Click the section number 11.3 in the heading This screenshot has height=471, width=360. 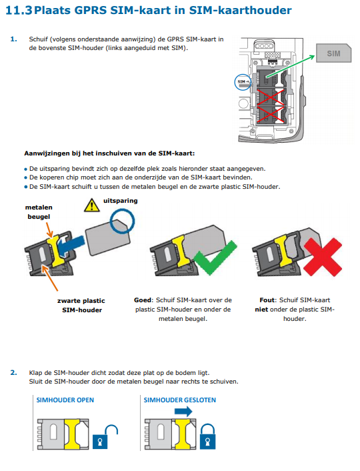pyautogui.click(x=19, y=10)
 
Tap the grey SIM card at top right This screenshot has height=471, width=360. pyautogui.click(x=333, y=53)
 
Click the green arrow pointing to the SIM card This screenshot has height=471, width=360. pyautogui.click(x=291, y=66)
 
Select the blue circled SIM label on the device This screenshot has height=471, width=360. pyautogui.click(x=243, y=82)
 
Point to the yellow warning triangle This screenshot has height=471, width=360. pyautogui.click(x=92, y=205)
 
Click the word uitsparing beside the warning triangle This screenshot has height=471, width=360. pyautogui.click(x=121, y=201)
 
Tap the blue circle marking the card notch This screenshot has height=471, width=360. pyautogui.click(x=123, y=221)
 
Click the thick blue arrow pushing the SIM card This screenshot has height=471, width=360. pyautogui.click(x=71, y=245)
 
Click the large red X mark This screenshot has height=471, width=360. pyautogui.click(x=323, y=257)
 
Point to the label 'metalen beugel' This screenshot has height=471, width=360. pyautogui.click(x=39, y=211)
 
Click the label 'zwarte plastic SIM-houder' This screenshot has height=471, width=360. pyautogui.click(x=81, y=305)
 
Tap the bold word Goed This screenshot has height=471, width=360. pyautogui.click(x=143, y=300)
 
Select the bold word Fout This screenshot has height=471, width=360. pyautogui.click(x=267, y=300)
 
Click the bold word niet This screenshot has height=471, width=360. pyautogui.click(x=261, y=310)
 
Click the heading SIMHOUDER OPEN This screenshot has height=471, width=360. pyautogui.click(x=65, y=400)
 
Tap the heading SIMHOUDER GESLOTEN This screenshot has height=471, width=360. pyautogui.click(x=180, y=400)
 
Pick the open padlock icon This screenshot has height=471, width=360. pyautogui.click(x=105, y=437)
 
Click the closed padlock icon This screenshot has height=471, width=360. pyautogui.click(x=208, y=436)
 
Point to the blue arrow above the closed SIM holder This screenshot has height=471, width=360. pyautogui.click(x=183, y=411)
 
